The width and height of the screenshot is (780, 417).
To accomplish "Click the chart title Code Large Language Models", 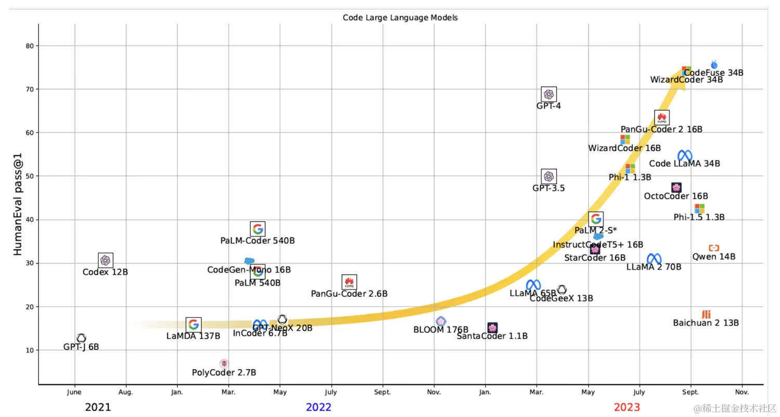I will (x=400, y=18).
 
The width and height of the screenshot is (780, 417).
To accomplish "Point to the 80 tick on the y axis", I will (x=29, y=46).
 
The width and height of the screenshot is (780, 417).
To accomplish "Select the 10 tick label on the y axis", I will (x=29, y=350).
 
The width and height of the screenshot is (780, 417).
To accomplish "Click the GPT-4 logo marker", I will (x=549, y=94).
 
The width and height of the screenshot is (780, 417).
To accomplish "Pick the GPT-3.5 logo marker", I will (x=549, y=176).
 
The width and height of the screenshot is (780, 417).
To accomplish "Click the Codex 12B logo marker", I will (x=106, y=260).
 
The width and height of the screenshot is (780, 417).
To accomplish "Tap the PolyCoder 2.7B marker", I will (x=224, y=363).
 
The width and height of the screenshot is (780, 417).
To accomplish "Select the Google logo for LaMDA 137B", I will (x=193, y=325).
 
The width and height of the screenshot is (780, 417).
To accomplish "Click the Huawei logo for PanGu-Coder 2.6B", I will (x=349, y=282).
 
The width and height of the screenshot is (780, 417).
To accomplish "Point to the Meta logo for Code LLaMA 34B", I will (x=685, y=156).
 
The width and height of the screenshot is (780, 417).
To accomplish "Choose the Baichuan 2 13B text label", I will (x=706, y=323).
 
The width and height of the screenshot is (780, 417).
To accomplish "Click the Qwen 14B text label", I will (x=713, y=257).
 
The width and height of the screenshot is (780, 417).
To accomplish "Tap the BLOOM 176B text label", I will (x=440, y=330).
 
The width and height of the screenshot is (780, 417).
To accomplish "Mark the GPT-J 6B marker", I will (x=81, y=338).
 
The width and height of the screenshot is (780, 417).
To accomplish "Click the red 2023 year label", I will (x=627, y=407).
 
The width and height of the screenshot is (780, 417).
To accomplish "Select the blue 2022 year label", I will (x=318, y=407).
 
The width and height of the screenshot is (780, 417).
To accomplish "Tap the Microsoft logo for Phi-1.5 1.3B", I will (x=699, y=208).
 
